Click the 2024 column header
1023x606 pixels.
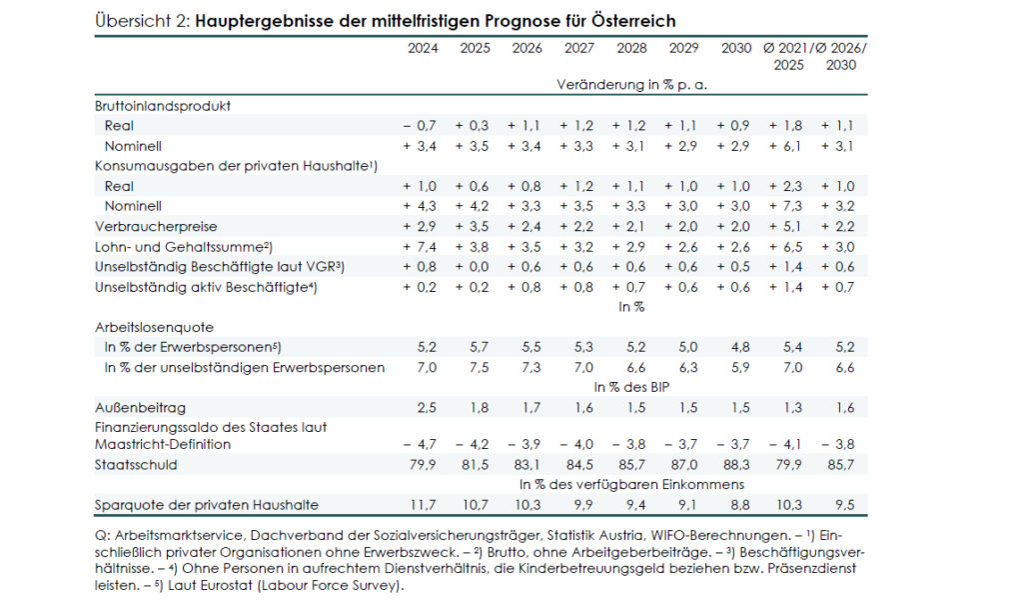pyautogui.click(x=424, y=48)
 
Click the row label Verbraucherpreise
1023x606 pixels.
pyautogui.click(x=155, y=227)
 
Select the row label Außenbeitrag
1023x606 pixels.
pyautogui.click(x=140, y=408)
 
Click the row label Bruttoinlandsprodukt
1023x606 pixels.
pyautogui.click(x=163, y=105)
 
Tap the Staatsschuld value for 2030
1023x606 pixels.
pyautogui.click(x=739, y=464)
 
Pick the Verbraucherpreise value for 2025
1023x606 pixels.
pyautogui.click(x=475, y=227)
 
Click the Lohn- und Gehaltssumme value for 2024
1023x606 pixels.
pyautogui.click(x=422, y=247)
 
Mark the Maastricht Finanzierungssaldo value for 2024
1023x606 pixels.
pyautogui.click(x=422, y=444)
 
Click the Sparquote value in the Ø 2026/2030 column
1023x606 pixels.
pyautogui.click(x=844, y=505)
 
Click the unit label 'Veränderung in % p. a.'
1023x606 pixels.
pyautogui.click(x=630, y=84)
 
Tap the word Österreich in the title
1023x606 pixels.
pyautogui.click(x=633, y=20)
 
